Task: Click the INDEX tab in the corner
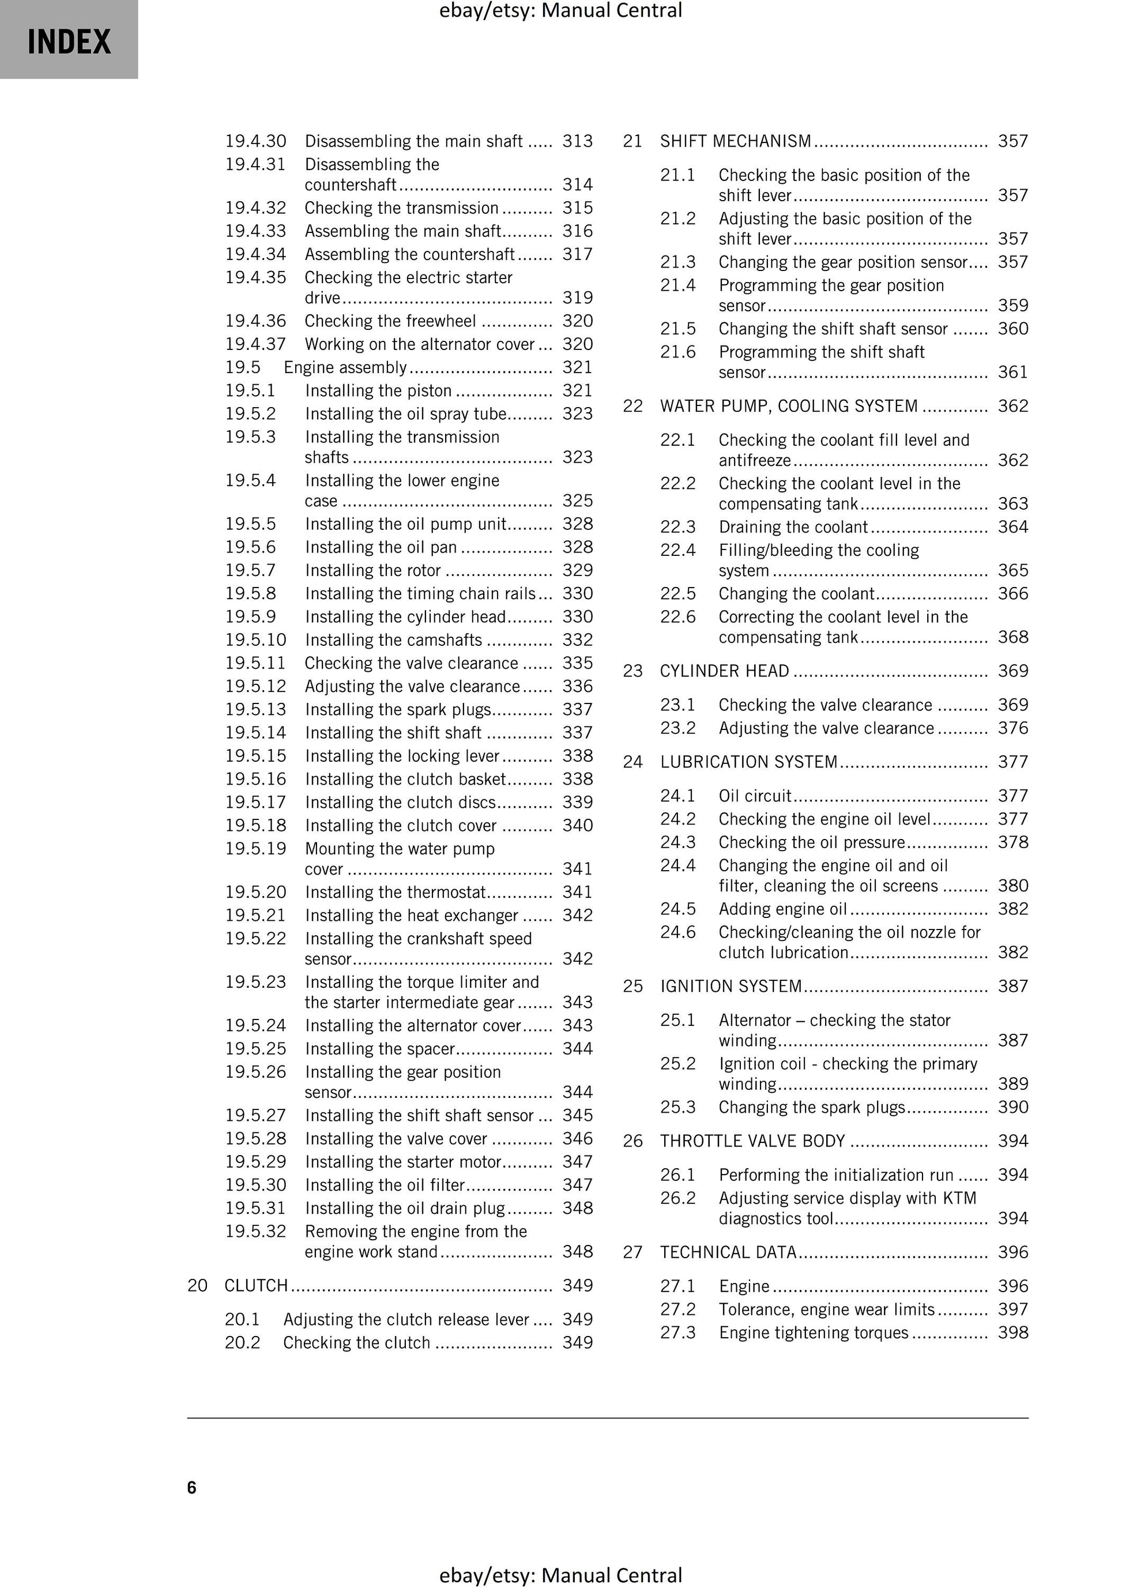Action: coord(69,41)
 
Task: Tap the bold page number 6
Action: coord(191,1488)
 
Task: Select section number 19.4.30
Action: coord(255,141)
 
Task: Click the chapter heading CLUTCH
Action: coord(256,1286)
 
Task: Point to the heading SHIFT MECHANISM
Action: coord(735,141)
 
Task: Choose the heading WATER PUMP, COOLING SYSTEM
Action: coord(789,406)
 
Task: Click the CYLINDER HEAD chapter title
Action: coord(724,671)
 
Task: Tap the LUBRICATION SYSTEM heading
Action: coord(748,762)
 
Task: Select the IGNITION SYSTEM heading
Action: coord(731,986)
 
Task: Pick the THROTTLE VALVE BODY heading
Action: coord(752,1141)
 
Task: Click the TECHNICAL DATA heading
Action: coord(728,1252)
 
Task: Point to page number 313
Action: coord(578,141)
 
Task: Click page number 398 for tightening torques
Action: coord(1012,1333)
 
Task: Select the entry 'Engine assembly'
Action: coord(345,367)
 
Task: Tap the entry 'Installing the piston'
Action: coord(378,391)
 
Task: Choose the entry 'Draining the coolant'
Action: coord(793,527)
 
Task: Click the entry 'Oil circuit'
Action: coord(755,796)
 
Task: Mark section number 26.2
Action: coord(677,1199)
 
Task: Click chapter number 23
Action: coord(632,671)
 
